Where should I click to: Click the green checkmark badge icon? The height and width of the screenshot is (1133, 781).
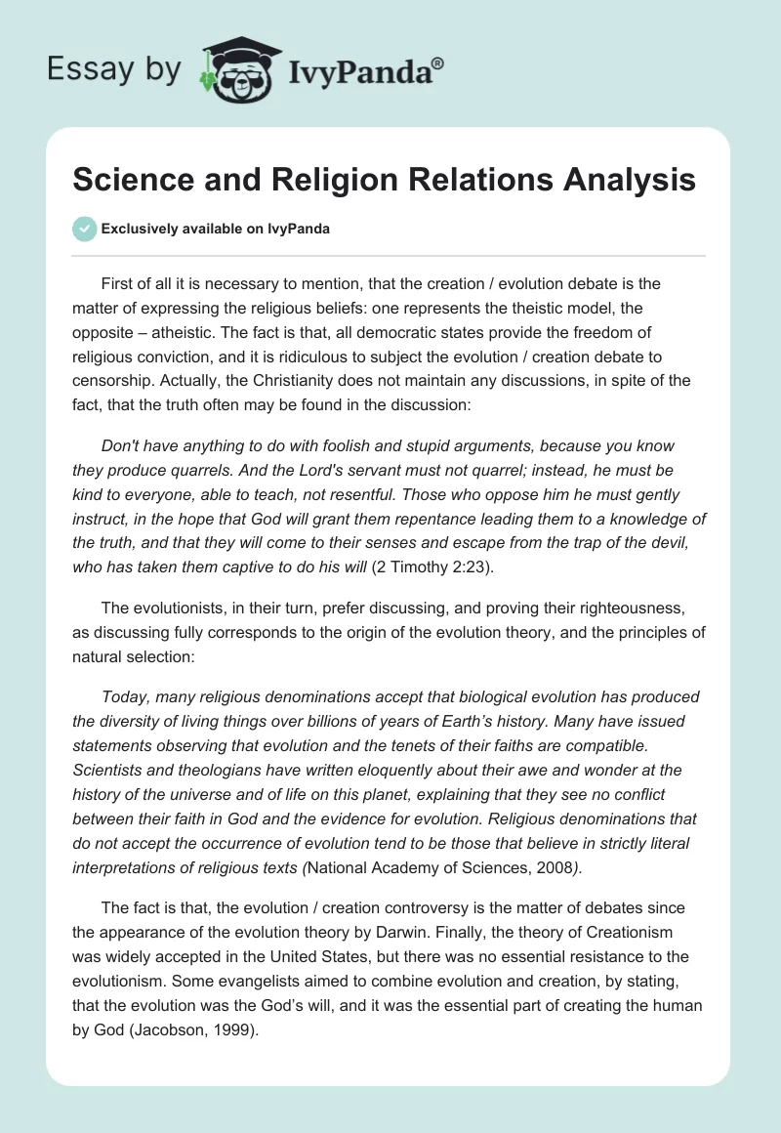pos(84,230)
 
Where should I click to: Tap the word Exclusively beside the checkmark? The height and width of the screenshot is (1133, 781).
pos(139,230)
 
